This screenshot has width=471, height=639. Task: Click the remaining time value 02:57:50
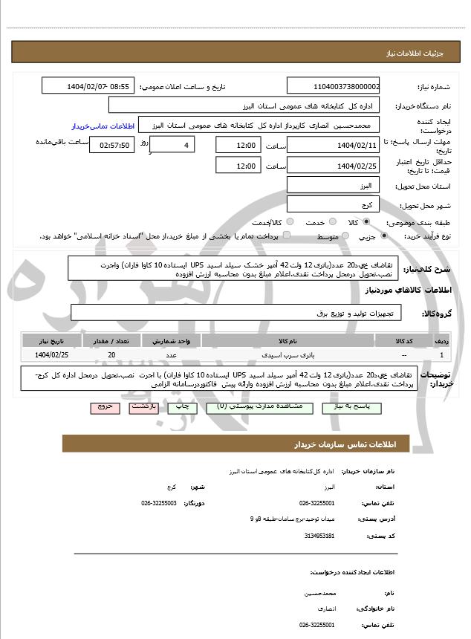pyautogui.click(x=111, y=145)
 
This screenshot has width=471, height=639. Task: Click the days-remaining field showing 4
pyautogui.click(x=172, y=145)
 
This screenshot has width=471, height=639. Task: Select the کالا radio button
pyautogui.click(x=366, y=222)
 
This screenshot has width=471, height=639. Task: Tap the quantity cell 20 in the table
pyautogui.click(x=111, y=355)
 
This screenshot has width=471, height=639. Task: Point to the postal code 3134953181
pyautogui.click(x=319, y=536)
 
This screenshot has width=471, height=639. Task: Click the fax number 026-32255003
pyautogui.click(x=159, y=503)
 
